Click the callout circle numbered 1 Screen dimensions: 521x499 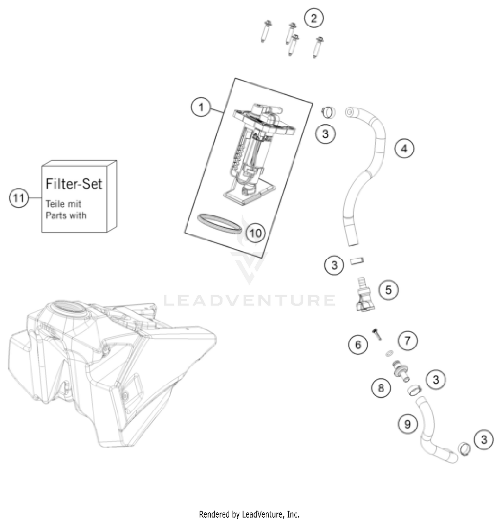coord(201,107)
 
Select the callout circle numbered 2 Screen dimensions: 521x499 coord(314,18)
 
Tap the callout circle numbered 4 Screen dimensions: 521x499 coord(404,149)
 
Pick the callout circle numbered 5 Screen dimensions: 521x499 coord(388,290)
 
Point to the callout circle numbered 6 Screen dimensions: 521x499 coord(358,344)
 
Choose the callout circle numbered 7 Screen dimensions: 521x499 coord(408,340)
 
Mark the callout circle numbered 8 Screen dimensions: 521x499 coord(381,388)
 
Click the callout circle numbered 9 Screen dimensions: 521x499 coord(408,424)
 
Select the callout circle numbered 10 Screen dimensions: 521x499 coord(255,233)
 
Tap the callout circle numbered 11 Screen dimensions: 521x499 coord(18,198)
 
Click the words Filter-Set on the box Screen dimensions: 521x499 coord(74,184)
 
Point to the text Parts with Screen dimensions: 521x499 coord(66,215)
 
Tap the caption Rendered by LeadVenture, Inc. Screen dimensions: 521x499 coord(249,514)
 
